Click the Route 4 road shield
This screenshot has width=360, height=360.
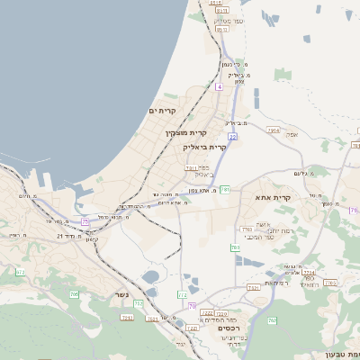(x=219, y=86)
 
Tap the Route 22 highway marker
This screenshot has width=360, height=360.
(x=232, y=137)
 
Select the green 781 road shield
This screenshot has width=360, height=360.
(x=225, y=189)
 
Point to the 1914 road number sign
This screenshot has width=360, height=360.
(x=274, y=130)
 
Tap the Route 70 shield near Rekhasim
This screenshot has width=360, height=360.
(x=192, y=307)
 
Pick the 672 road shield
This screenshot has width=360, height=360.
(x=21, y=271)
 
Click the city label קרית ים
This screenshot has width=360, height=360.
(x=166, y=111)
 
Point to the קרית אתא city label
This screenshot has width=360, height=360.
(x=274, y=197)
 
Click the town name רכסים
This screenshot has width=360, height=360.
(x=229, y=328)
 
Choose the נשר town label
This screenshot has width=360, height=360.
(x=121, y=294)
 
